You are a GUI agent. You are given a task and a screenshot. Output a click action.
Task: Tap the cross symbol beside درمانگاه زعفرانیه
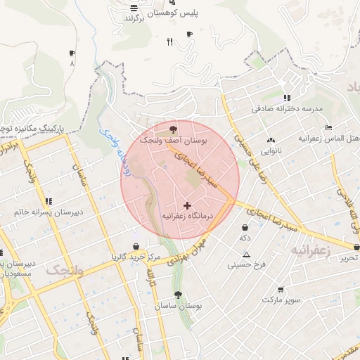tap(187, 205)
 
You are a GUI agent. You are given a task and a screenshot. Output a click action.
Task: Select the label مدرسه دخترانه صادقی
tap(286, 110)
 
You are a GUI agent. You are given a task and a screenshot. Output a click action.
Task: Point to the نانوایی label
tap(271, 150)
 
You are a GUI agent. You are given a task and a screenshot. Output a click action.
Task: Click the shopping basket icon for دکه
tap(245, 228)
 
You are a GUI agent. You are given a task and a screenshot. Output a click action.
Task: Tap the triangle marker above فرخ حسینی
tap(247, 255)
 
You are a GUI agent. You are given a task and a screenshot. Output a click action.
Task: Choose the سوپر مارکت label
tap(281, 300)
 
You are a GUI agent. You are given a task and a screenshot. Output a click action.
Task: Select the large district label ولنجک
tap(64, 271)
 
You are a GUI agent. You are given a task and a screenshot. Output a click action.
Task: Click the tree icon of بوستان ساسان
tap(177, 296)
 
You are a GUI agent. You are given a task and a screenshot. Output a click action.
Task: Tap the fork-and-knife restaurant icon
tap(169, 42)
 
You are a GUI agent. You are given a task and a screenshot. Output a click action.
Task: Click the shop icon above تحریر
tap(357, 247)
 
